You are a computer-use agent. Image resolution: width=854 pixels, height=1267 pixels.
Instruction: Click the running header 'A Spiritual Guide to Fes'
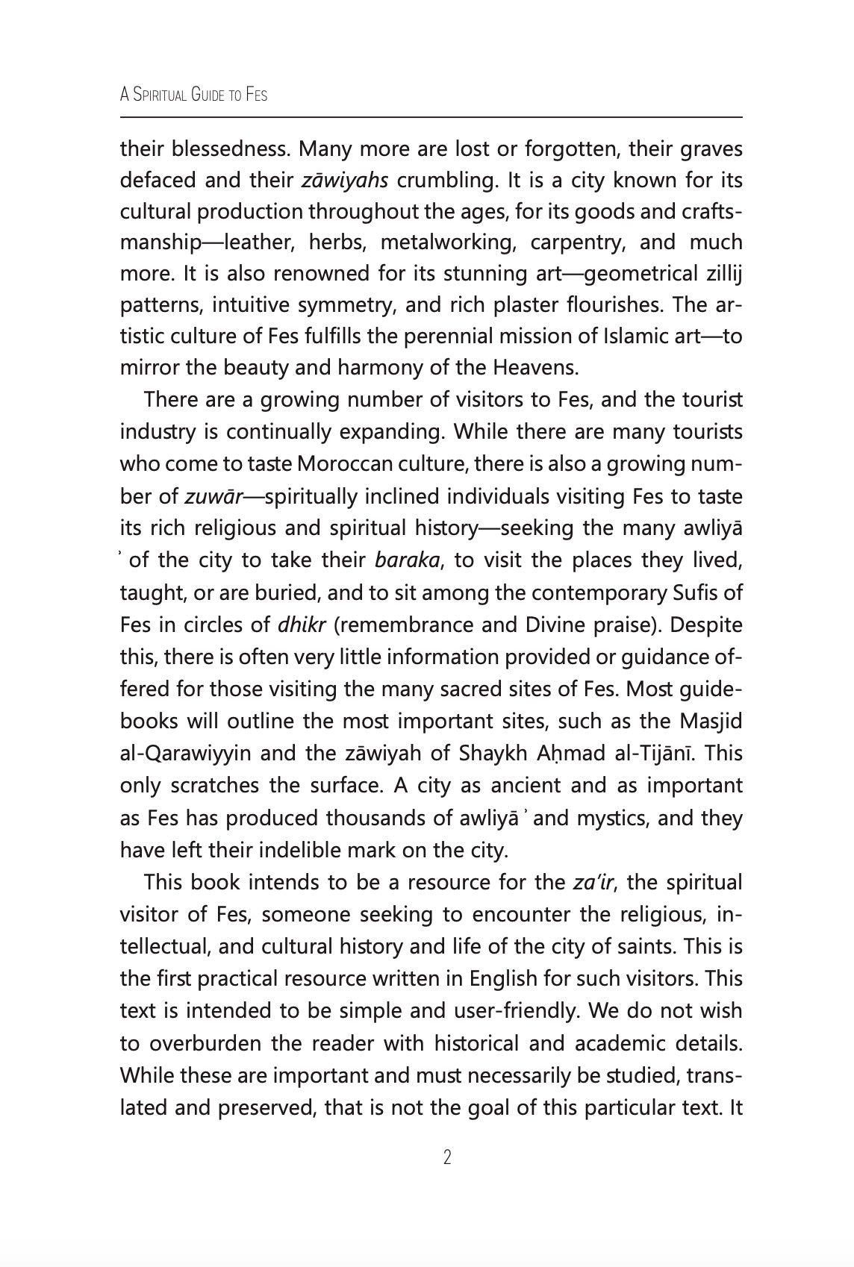(x=193, y=96)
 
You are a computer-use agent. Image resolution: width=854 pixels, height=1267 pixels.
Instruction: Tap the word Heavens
(x=535, y=368)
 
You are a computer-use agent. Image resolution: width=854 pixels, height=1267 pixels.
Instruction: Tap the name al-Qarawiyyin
(x=184, y=754)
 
